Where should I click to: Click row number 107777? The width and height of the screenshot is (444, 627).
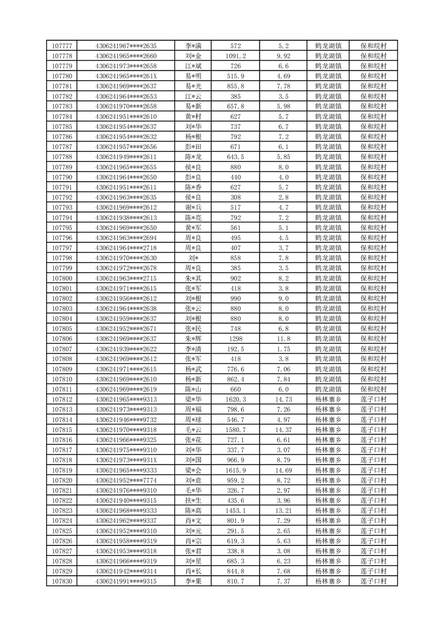pos(62,46)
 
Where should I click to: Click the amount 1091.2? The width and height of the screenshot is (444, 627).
pos(235,56)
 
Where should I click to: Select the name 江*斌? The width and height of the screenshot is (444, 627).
pos(193,66)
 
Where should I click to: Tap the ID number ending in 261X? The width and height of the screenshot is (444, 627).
pos(126,76)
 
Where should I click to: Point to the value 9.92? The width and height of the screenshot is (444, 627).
pos(284,56)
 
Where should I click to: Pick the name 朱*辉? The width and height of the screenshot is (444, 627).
pos(193,339)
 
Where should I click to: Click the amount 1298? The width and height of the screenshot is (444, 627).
pos(235,339)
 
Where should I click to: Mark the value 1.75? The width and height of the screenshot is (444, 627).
pos(284,349)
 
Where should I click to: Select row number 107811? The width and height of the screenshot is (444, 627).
pos(62,389)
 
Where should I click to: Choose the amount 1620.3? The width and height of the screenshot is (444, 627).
pos(235,400)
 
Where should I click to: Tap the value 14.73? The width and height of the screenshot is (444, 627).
pos(284,400)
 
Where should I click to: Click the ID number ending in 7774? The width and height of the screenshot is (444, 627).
pos(126,481)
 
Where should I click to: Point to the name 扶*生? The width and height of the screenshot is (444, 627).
pos(193,501)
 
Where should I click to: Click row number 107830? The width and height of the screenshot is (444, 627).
pos(62,582)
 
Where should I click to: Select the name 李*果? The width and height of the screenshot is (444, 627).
pos(193,582)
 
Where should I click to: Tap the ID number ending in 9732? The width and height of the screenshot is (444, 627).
pos(126,420)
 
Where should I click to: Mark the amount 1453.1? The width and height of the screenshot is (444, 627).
pos(235,511)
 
